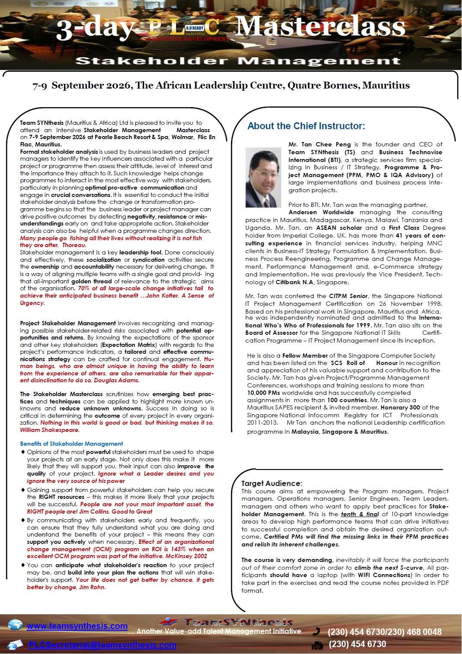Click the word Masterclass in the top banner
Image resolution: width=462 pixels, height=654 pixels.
pyautogui.click(x=320, y=27)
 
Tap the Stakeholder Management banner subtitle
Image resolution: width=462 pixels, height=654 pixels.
pyautogui.click(x=238, y=61)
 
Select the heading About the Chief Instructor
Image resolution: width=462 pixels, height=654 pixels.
pyautogui.click(x=306, y=126)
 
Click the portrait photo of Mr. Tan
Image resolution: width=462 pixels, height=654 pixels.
pyautogui.click(x=263, y=177)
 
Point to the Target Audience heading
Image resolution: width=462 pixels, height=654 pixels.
pyautogui.click(x=271, y=483)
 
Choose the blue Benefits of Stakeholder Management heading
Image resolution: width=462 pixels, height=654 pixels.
pyautogui.click(x=71, y=444)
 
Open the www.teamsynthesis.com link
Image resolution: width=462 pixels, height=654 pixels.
pyautogui.click(x=77, y=626)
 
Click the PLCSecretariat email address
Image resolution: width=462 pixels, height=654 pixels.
pyautogui.click(x=102, y=645)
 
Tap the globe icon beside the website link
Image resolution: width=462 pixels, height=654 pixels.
pyautogui.click(x=16, y=625)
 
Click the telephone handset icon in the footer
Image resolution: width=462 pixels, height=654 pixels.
pyautogui.click(x=317, y=631)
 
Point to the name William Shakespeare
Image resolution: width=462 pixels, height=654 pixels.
pyautogui.click(x=49, y=430)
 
